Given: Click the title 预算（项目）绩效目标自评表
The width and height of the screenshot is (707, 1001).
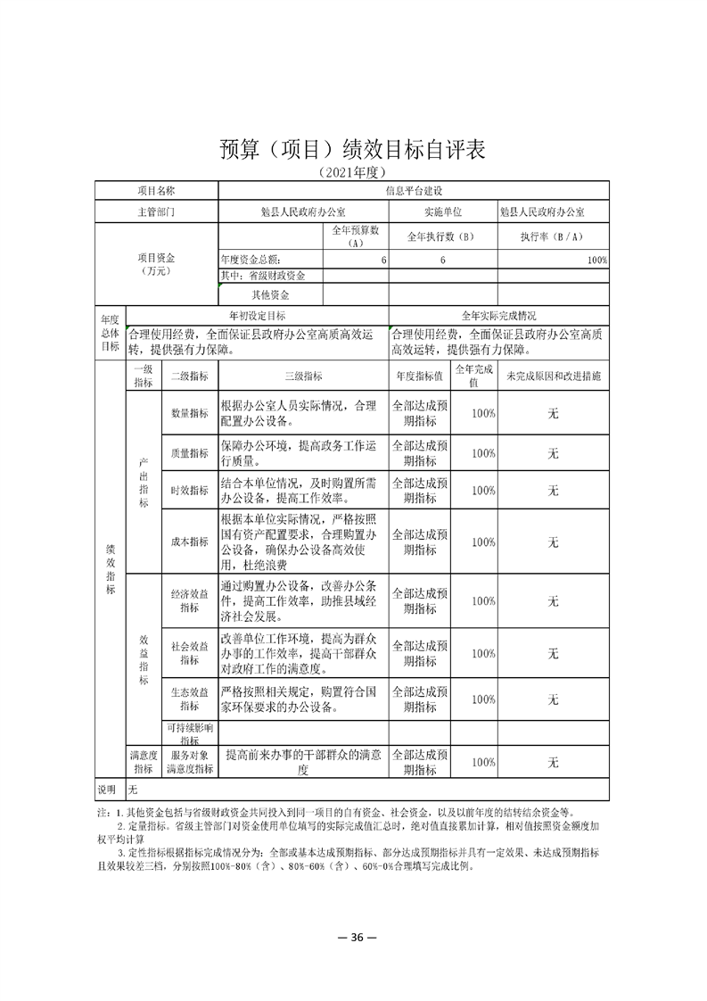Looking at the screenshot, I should (353, 149).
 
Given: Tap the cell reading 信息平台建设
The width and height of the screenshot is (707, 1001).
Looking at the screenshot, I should (414, 190).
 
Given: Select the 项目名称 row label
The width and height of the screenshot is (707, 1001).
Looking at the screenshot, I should (156, 190).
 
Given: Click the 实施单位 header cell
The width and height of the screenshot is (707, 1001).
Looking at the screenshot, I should (442, 212).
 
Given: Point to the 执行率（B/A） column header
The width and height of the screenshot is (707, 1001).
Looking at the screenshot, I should (553, 236).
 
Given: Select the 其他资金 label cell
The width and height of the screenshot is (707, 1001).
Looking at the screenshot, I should (270, 294).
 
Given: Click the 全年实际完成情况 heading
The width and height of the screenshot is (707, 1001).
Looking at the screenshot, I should (498, 316).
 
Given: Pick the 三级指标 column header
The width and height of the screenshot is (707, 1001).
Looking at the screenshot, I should (303, 376).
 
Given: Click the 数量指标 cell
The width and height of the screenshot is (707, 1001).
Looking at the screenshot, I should (189, 414).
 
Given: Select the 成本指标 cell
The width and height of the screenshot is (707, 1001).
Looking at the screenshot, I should (189, 542).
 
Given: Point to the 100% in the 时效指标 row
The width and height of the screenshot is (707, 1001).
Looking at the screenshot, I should (483, 491).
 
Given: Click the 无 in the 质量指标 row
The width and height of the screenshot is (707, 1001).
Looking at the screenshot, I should (553, 453).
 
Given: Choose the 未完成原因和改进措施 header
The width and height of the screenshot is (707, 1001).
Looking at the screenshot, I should (553, 376).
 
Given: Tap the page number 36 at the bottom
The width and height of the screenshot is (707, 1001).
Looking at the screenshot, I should (353, 937).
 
